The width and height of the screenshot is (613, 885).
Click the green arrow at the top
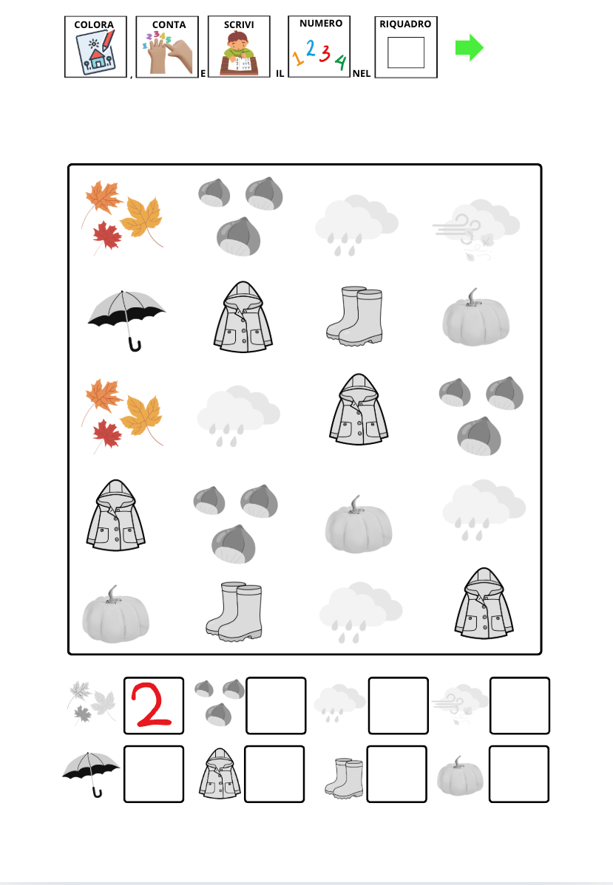pyautogui.click(x=469, y=48)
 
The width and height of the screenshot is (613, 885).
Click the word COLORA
pyautogui.click(x=94, y=25)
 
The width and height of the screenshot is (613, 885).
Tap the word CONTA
pyautogui.click(x=169, y=25)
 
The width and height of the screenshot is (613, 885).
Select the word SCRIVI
pyautogui.click(x=239, y=25)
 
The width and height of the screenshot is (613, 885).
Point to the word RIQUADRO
pyautogui.click(x=405, y=24)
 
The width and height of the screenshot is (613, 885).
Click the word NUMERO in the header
pyautogui.click(x=321, y=23)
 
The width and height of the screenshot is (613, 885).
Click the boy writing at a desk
pyautogui.click(x=239, y=54)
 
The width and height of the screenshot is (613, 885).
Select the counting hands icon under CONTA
pyautogui.click(x=168, y=54)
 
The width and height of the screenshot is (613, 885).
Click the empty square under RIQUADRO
pyautogui.click(x=406, y=52)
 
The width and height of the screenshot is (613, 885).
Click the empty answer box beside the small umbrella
pyautogui.click(x=154, y=773)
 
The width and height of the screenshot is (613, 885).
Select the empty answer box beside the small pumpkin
pyautogui.click(x=518, y=773)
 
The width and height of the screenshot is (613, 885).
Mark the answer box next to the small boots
pyautogui.click(x=396, y=773)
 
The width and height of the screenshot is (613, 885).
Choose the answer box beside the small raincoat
pyautogui.click(x=274, y=773)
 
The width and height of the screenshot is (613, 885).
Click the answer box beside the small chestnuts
pyautogui.click(x=276, y=705)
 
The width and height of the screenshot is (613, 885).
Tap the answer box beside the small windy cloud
pyautogui.click(x=520, y=705)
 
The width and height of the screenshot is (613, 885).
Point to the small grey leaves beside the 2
pyautogui.click(x=91, y=703)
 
